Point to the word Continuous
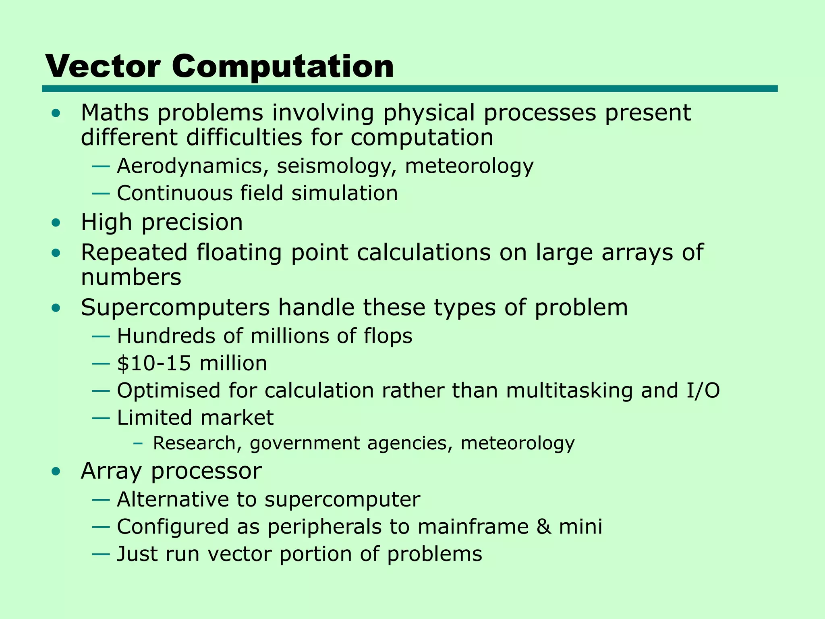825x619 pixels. [174, 193]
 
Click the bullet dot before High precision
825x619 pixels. [56, 223]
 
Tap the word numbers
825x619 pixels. [131, 277]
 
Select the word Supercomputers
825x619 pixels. [175, 308]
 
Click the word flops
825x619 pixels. [388, 336]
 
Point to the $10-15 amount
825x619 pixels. [153, 363]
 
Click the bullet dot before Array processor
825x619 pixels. [56, 471]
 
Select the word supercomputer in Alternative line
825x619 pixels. [342, 500]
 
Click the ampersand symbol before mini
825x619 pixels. [543, 527]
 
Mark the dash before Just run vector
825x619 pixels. [101, 554]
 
